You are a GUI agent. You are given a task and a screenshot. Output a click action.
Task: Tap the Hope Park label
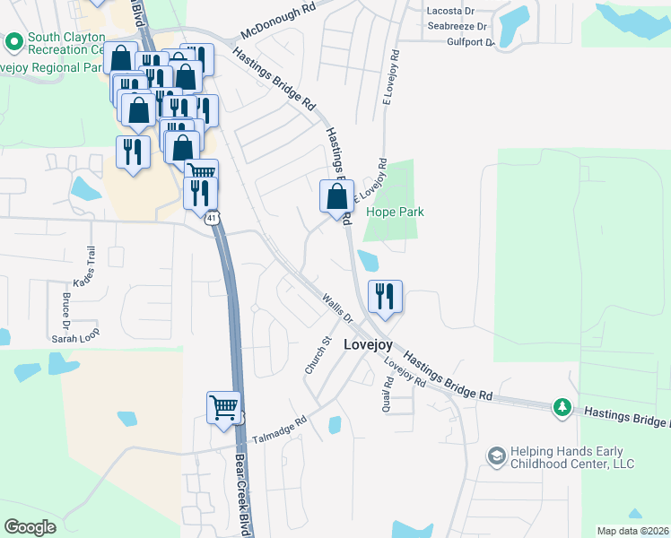click(x=395, y=213)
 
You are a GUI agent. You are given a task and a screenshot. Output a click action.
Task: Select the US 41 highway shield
click(x=212, y=218)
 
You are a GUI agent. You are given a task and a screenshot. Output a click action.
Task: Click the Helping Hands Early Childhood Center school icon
click(x=496, y=456)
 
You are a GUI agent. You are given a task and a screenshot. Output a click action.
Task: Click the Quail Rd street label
click(x=388, y=391)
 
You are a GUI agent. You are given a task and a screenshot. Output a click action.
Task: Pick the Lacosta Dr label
click(x=451, y=11)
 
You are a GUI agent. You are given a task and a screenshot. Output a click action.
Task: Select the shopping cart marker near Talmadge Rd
click(x=224, y=407)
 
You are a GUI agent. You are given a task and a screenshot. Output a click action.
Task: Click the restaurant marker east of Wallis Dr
click(x=385, y=296)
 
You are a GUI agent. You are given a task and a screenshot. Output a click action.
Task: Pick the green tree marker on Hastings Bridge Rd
click(x=562, y=408)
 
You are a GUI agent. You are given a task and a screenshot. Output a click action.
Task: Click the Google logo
click(x=30, y=527)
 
